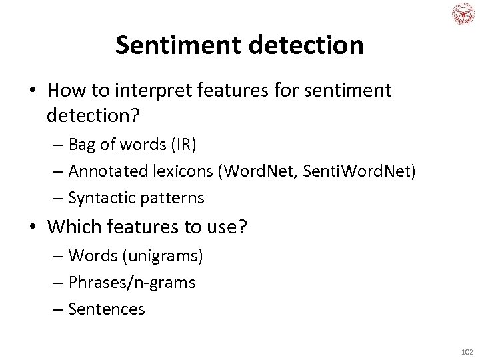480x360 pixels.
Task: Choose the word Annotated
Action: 107,172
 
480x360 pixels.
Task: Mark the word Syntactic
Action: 100,198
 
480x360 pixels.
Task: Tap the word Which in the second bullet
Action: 68,227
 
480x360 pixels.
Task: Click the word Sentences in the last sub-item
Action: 107,309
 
